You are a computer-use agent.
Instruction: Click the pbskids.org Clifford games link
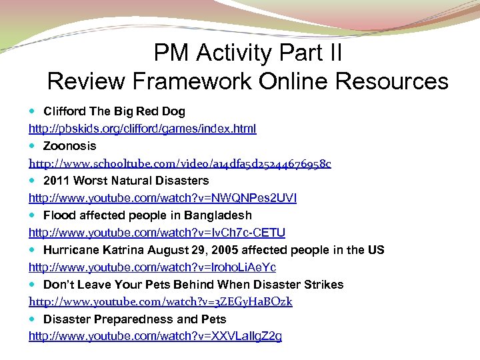click(142, 129)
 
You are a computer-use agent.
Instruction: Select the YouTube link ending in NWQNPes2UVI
click(163, 198)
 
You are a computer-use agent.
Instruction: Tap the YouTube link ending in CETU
click(157, 233)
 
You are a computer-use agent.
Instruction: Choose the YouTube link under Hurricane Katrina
click(152, 267)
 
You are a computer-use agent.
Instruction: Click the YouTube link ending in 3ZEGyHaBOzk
click(160, 302)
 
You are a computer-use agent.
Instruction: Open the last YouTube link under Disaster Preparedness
click(155, 337)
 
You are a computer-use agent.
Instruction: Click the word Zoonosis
click(69, 146)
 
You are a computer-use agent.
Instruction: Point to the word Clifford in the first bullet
click(64, 111)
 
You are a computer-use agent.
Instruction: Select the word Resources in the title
click(392, 81)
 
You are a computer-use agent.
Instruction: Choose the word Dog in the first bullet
click(175, 111)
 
